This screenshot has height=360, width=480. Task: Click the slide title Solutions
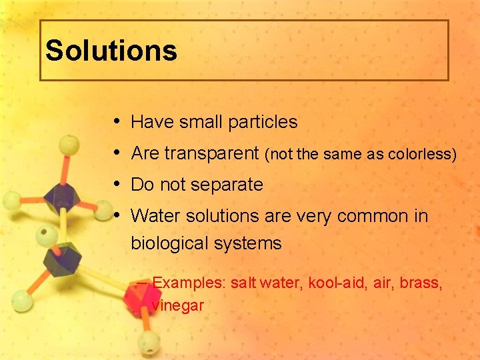(x=111, y=51)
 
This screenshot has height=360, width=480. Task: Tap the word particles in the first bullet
(x=263, y=122)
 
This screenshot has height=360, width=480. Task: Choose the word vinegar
(x=178, y=305)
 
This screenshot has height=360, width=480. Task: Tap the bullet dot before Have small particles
(x=117, y=121)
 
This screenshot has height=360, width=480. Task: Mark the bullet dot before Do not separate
(x=117, y=184)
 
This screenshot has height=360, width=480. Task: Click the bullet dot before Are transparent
(x=117, y=153)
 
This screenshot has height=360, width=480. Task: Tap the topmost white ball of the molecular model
(x=67, y=143)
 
